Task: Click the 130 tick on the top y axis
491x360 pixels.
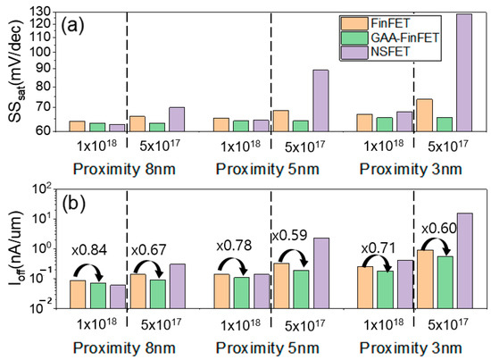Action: tap(40, 12)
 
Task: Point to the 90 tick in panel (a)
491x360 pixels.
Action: tap(43, 71)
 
